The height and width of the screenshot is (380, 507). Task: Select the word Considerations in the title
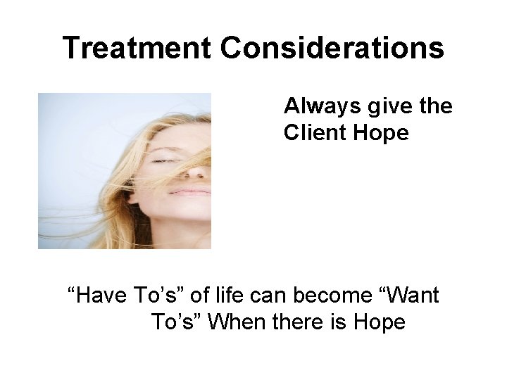click(x=332, y=49)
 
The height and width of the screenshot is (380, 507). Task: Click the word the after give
click(x=431, y=107)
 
